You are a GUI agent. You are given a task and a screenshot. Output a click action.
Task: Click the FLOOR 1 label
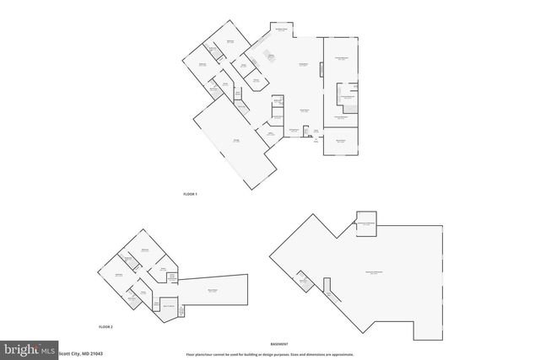[x=190, y=195]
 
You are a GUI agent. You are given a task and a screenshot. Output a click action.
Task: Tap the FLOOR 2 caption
[x=105, y=325]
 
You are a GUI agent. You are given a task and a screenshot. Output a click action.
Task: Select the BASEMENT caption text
[x=279, y=344]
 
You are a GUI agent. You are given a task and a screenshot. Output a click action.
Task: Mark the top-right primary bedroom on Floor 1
[x=343, y=59]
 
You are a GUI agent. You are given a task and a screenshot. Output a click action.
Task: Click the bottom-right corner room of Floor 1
[x=341, y=142]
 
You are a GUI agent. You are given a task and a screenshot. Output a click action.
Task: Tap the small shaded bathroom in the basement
[x=303, y=282]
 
